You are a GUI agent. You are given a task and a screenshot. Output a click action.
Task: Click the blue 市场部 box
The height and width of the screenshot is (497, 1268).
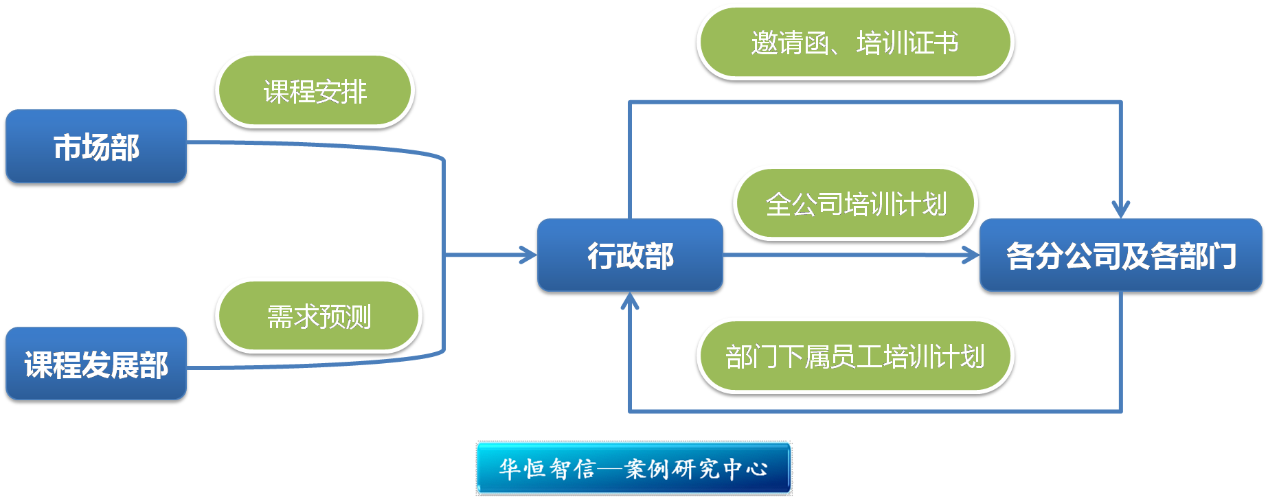pos(96,146)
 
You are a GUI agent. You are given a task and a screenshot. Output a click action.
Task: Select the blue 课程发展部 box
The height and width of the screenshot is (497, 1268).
pos(96,363)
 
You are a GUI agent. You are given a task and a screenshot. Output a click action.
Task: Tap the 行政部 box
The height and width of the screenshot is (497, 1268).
pos(630,255)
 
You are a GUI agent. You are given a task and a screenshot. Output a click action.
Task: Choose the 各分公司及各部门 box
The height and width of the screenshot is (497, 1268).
pos(1120,255)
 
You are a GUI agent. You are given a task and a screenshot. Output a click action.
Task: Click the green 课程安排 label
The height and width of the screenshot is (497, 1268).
pos(315,90)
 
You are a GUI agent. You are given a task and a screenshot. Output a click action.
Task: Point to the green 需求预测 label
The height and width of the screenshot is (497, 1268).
pos(319,316)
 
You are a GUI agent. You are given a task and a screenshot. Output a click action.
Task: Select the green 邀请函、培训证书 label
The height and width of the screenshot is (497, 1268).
pos(854,42)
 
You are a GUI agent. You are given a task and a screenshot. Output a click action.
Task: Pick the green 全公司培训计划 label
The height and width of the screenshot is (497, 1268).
pos(855,203)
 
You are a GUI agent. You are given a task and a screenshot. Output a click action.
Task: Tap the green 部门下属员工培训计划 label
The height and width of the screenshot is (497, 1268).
pos(854,356)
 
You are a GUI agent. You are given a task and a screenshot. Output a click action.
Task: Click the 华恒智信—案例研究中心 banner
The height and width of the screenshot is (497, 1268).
pos(633,468)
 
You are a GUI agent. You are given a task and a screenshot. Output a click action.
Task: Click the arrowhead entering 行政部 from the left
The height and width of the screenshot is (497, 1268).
pos(530,255)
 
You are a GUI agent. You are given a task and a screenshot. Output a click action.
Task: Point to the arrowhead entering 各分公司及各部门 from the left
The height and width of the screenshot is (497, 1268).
pos(972,255)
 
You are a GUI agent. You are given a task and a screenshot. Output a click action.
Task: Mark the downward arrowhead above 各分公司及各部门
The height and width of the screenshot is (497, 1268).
pos(1121,209)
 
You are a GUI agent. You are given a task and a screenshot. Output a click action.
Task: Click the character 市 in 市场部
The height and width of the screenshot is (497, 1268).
pos(67,147)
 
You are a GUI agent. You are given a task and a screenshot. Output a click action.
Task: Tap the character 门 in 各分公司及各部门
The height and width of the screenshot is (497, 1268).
pos(1222,255)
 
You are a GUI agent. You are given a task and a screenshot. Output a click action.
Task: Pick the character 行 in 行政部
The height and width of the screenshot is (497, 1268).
pos(601,255)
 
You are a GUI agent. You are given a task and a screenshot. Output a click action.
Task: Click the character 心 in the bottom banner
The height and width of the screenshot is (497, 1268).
pos(756,469)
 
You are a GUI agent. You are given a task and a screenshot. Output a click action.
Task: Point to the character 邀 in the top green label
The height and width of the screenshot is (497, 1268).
pos(765,43)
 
